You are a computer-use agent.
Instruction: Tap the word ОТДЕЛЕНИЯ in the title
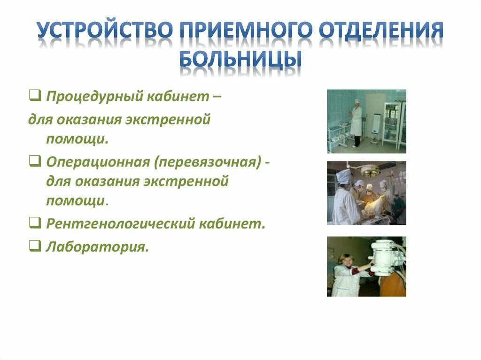pyautogui.click(x=381, y=31)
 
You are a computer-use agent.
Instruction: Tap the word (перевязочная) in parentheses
pyautogui.click(x=209, y=162)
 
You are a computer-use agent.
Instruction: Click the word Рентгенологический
pyautogui.click(x=119, y=223)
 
